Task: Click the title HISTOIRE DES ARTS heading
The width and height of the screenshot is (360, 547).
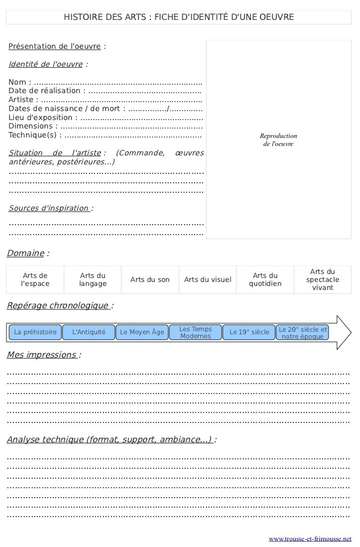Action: (x=179, y=17)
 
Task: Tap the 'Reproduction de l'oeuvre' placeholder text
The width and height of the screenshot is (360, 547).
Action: (x=278, y=140)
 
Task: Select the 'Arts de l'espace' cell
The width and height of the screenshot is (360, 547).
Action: (x=35, y=279)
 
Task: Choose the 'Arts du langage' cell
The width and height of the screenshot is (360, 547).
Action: (x=93, y=279)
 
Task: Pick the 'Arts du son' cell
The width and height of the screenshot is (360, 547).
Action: (x=150, y=279)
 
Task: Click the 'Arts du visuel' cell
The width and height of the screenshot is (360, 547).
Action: (x=208, y=279)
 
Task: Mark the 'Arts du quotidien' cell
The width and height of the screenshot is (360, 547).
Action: (x=265, y=279)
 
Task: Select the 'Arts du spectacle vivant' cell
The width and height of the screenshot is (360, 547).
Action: (x=323, y=279)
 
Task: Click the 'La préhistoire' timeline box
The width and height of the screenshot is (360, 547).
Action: (x=35, y=332)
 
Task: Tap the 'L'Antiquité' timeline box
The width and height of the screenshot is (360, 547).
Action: (x=89, y=332)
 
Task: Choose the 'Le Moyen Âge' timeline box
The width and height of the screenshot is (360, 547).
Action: (x=142, y=332)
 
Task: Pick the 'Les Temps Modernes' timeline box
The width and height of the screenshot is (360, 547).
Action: (x=196, y=332)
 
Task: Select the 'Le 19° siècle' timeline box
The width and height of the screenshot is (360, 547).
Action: (x=249, y=332)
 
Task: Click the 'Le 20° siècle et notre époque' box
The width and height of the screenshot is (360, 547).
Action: (x=303, y=332)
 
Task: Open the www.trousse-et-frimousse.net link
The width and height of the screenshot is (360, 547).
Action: (x=310, y=539)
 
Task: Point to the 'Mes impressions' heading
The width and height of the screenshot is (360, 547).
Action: (x=42, y=355)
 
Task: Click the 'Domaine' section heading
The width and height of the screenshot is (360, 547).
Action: (x=25, y=253)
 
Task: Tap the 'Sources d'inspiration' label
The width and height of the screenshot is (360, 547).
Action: (x=49, y=208)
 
